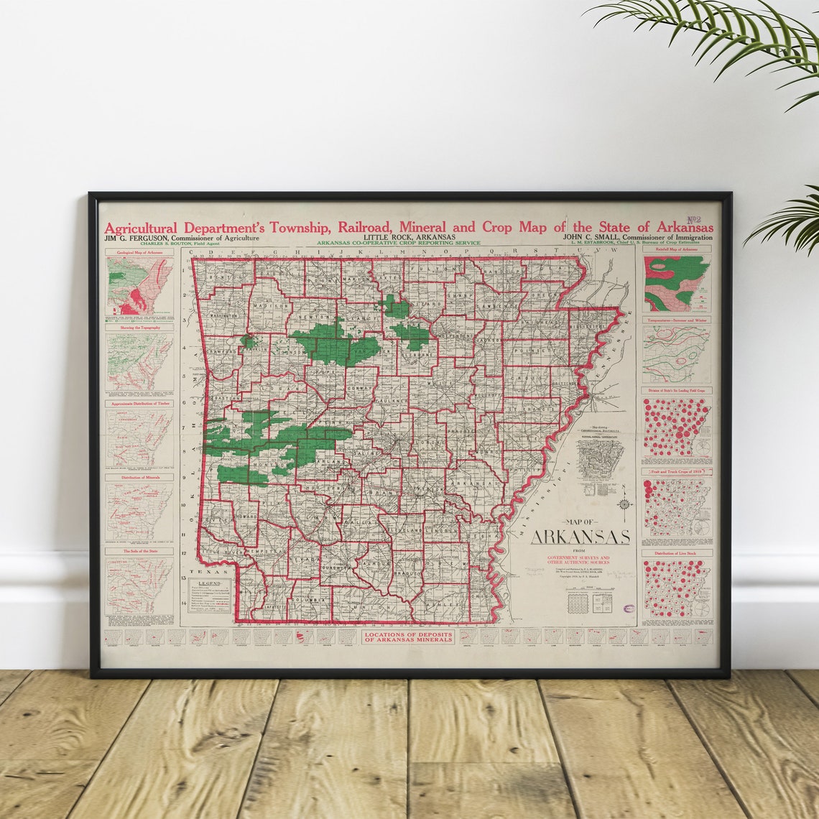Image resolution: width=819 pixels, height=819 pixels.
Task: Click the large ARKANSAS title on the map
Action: (x=580, y=537)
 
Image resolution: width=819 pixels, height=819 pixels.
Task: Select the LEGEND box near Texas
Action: (x=210, y=596)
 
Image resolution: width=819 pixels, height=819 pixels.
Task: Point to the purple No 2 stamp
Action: (x=694, y=221)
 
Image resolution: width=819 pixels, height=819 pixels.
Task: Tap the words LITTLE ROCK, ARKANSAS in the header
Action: (x=409, y=237)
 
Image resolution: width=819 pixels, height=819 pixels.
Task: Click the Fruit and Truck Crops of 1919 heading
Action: (x=677, y=472)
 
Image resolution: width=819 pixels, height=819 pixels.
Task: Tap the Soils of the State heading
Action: (x=139, y=552)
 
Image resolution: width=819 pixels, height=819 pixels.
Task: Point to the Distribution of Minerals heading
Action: (x=139, y=477)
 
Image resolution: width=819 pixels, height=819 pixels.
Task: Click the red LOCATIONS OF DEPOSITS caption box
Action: (x=408, y=637)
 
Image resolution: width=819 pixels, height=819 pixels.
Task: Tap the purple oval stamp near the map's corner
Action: (x=629, y=609)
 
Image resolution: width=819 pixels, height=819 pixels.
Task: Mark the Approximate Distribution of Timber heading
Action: (x=139, y=404)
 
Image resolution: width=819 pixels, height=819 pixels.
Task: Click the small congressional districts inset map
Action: (x=601, y=459)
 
